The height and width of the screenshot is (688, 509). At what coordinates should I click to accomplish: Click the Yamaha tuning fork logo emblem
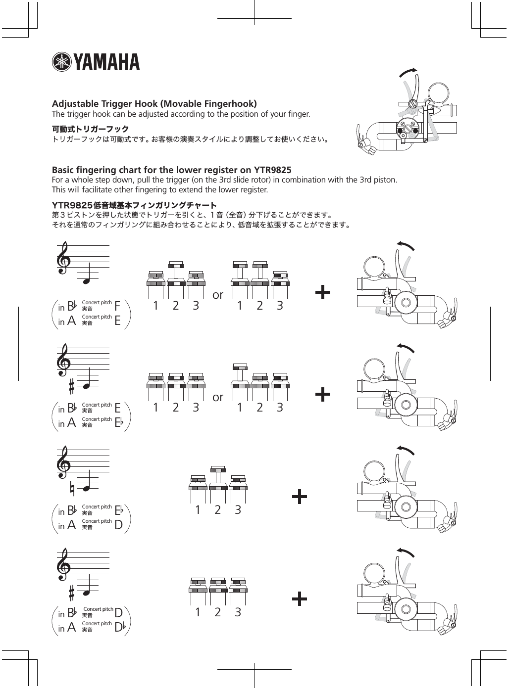(62, 62)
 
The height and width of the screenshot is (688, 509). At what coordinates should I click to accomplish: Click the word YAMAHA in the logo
(107, 63)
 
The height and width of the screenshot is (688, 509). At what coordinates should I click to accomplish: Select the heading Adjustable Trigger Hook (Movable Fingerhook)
(154, 104)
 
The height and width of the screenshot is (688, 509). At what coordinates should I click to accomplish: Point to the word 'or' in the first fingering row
(218, 295)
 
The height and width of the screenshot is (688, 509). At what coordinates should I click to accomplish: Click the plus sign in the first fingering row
(323, 293)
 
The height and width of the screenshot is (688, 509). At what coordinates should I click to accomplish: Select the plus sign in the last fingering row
(300, 599)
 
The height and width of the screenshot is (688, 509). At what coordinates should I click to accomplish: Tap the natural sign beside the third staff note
(72, 490)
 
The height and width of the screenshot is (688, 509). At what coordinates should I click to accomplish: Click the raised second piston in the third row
(218, 475)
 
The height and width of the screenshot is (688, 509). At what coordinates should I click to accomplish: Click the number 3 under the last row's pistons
(238, 612)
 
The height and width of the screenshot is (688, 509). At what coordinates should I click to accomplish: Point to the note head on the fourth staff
(87, 592)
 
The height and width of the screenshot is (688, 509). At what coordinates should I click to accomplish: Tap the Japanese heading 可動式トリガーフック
(91, 129)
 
